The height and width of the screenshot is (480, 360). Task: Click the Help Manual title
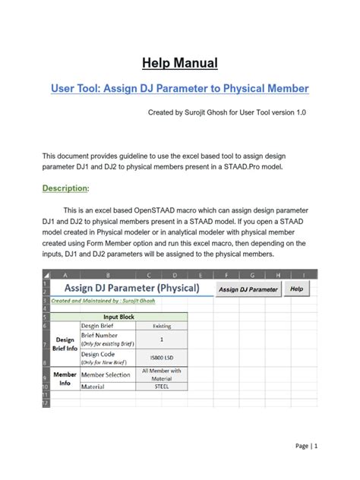[x=179, y=62]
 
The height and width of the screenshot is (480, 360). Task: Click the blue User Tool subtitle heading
[x=179, y=89]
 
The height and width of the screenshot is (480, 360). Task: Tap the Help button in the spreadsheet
[x=296, y=289]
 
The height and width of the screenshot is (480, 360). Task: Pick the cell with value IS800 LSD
[x=161, y=355]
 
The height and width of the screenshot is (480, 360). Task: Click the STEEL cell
[x=161, y=387]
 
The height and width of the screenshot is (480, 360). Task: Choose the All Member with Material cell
[x=161, y=374]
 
